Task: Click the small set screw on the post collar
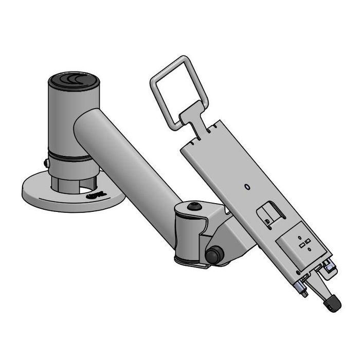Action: pyautogui.click(x=46, y=163)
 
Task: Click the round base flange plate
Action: pyautogui.click(x=46, y=195)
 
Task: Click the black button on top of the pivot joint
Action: pyautogui.click(x=194, y=206)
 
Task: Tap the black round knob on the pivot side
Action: pyautogui.click(x=214, y=255)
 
